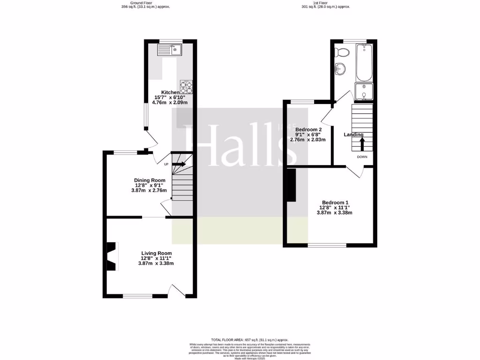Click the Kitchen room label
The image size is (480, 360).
pyautogui.click(x=170, y=92)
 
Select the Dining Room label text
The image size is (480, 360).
pyautogui.click(x=150, y=180)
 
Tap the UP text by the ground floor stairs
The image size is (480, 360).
pyautogui.click(x=166, y=164)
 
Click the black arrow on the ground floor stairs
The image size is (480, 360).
pyautogui.click(x=179, y=164)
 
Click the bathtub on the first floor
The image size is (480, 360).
pyautogui.click(x=364, y=63)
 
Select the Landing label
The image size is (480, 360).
pyautogui.click(x=354, y=135)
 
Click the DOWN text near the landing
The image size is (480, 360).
pyautogui.click(x=362, y=157)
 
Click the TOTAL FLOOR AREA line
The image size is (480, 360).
pyautogui.click(x=249, y=339)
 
